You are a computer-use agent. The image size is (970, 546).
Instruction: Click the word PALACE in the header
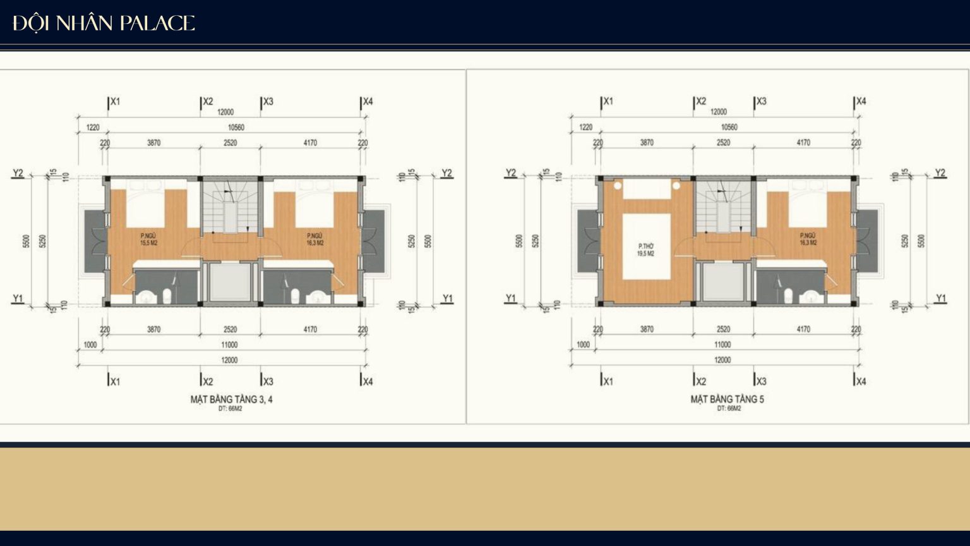click(157, 23)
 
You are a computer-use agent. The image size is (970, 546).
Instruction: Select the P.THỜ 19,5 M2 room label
click(645, 250)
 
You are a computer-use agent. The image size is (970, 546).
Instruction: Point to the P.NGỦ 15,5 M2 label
click(148, 239)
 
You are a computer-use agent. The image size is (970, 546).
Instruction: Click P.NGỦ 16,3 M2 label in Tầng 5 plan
click(808, 239)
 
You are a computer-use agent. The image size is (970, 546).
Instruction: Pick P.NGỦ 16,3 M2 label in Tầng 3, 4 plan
click(315, 239)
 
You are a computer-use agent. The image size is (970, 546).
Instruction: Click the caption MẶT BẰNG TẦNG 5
click(727, 399)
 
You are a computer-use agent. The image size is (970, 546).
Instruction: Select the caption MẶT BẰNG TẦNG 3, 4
click(231, 399)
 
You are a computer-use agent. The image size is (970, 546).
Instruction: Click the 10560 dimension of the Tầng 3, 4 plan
click(236, 127)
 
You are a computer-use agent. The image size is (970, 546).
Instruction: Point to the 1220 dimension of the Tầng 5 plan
click(586, 127)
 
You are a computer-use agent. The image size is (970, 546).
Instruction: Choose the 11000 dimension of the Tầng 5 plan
click(722, 345)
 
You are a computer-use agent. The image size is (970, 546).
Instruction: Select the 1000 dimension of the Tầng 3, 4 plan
click(90, 345)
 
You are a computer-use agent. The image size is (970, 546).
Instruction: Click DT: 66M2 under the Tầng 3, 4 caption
click(231, 409)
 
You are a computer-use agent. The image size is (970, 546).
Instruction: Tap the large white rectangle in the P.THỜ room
click(646, 246)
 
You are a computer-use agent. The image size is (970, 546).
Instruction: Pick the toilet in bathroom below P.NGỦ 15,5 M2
click(167, 295)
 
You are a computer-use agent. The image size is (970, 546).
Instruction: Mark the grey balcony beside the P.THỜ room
click(587, 240)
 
